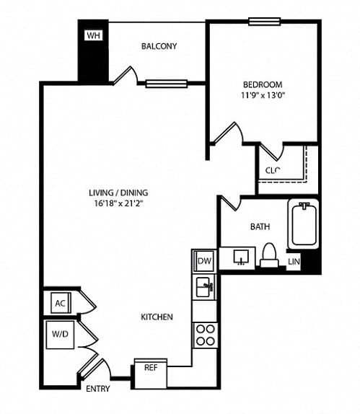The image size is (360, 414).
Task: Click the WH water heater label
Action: (x=93, y=35)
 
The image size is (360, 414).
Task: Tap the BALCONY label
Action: (x=159, y=46)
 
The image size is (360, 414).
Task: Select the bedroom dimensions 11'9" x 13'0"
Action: (x=263, y=95)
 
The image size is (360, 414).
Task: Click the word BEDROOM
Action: (x=263, y=84)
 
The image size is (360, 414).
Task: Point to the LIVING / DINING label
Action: (x=118, y=193)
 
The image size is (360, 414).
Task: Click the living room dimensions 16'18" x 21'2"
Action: (x=118, y=203)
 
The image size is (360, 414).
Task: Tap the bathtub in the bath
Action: (x=304, y=224)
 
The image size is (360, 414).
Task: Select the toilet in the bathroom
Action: (x=269, y=255)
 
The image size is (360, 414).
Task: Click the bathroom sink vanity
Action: (x=237, y=258)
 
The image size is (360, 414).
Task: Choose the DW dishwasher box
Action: (x=204, y=261)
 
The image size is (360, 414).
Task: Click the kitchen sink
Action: (x=204, y=287)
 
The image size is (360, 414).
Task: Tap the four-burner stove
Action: (x=205, y=335)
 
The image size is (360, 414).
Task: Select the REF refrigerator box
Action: (x=151, y=374)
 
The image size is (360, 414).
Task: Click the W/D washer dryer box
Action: (x=60, y=335)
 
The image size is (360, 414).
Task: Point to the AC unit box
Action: (x=61, y=303)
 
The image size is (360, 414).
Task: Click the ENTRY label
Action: (x=98, y=389)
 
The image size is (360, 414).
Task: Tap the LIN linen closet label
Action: (x=294, y=262)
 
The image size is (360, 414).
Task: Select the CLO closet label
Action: (x=273, y=170)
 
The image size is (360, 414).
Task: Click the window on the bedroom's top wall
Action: (x=264, y=22)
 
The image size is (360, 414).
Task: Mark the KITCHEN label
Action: (x=157, y=317)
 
